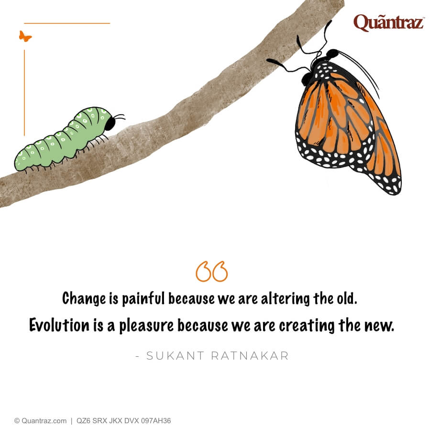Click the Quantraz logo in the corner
point(388,22)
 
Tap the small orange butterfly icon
point(25,36)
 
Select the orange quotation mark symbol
point(211,272)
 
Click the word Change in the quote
point(84,299)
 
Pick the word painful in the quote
point(143,299)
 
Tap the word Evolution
point(59,325)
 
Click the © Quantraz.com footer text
point(40,421)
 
